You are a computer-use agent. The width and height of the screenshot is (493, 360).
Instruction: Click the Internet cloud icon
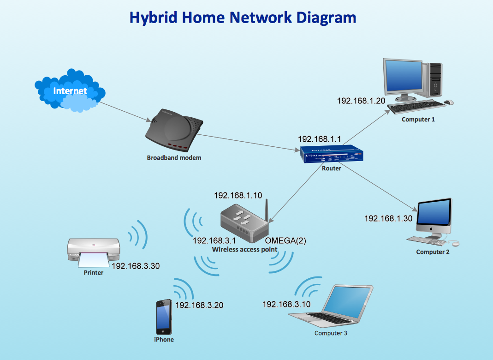(x=70, y=90)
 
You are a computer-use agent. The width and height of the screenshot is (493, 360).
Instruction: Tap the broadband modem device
(x=174, y=130)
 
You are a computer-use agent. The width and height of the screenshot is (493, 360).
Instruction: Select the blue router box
(x=332, y=154)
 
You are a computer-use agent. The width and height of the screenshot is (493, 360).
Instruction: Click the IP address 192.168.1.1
(x=319, y=139)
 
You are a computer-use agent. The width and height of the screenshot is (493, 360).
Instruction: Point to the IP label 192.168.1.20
(x=361, y=101)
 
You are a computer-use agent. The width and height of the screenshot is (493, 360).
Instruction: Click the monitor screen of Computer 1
(x=404, y=76)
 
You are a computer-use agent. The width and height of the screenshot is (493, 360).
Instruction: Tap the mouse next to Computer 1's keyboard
(x=449, y=102)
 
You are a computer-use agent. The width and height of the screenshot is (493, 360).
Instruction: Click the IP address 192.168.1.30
(x=388, y=218)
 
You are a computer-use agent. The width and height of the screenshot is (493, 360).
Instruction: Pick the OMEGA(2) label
(x=285, y=241)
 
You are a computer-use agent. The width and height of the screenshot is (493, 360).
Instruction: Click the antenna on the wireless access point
(x=267, y=210)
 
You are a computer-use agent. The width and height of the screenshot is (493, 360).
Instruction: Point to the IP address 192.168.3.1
(x=214, y=241)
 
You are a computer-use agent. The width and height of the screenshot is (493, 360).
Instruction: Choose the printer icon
(x=93, y=253)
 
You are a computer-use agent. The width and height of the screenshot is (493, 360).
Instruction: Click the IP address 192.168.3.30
(x=136, y=266)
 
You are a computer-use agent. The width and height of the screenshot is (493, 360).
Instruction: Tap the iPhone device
(x=164, y=317)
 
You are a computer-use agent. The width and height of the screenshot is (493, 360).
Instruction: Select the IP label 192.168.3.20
(x=199, y=305)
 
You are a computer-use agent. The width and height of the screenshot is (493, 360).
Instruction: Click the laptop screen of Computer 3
(x=347, y=301)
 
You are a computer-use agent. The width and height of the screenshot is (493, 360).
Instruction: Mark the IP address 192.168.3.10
(x=286, y=304)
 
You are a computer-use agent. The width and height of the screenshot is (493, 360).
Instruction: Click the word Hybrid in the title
(x=153, y=18)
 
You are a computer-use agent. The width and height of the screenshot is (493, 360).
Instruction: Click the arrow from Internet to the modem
(x=125, y=112)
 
